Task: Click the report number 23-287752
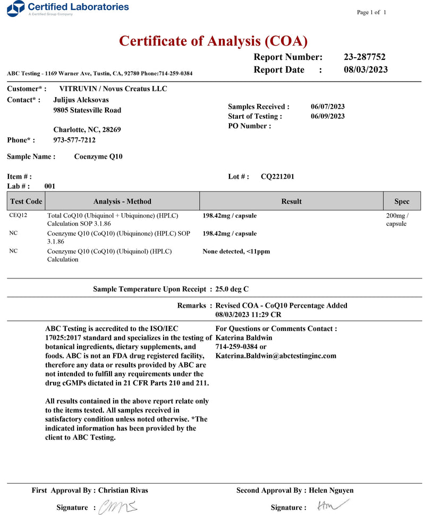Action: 364,57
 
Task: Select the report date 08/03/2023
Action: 365,70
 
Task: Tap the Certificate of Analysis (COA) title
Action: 213,41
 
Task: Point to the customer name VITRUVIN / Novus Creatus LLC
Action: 113,89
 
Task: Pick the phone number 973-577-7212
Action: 75,140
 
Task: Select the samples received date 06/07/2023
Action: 327,107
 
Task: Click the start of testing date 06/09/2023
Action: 327,116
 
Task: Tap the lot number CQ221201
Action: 277,177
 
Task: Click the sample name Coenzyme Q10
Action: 98,156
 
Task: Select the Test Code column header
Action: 26,202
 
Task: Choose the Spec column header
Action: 402,202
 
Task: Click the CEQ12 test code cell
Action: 18,216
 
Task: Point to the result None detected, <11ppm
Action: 236,251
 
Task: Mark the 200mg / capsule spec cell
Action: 397,220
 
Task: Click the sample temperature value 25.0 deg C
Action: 232,289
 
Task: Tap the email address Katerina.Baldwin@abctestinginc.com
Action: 276,356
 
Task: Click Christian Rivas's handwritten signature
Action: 118,507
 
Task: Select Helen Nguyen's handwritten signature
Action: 326,507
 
